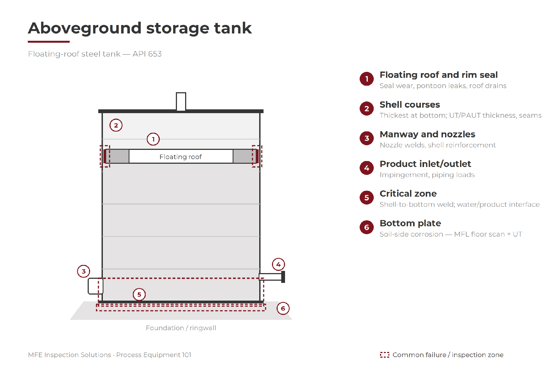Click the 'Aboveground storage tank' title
(140, 28)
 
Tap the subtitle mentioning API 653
(95, 54)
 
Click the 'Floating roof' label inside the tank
(180, 157)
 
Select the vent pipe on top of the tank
(181, 101)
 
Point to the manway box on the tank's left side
(95, 286)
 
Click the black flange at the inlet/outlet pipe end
(283, 277)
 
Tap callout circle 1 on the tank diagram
(153, 139)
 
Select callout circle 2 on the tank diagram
(116, 125)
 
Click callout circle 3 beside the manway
(84, 271)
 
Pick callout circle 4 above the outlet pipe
(278, 264)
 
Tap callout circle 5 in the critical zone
(139, 294)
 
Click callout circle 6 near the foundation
(283, 308)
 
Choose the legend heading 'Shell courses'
(410, 104)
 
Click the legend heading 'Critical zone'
(408, 193)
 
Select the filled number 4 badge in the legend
(367, 168)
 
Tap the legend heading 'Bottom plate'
(410, 223)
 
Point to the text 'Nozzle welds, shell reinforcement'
(437, 145)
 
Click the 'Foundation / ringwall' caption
(181, 328)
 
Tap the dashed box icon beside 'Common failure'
(384, 355)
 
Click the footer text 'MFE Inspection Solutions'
(69, 355)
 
